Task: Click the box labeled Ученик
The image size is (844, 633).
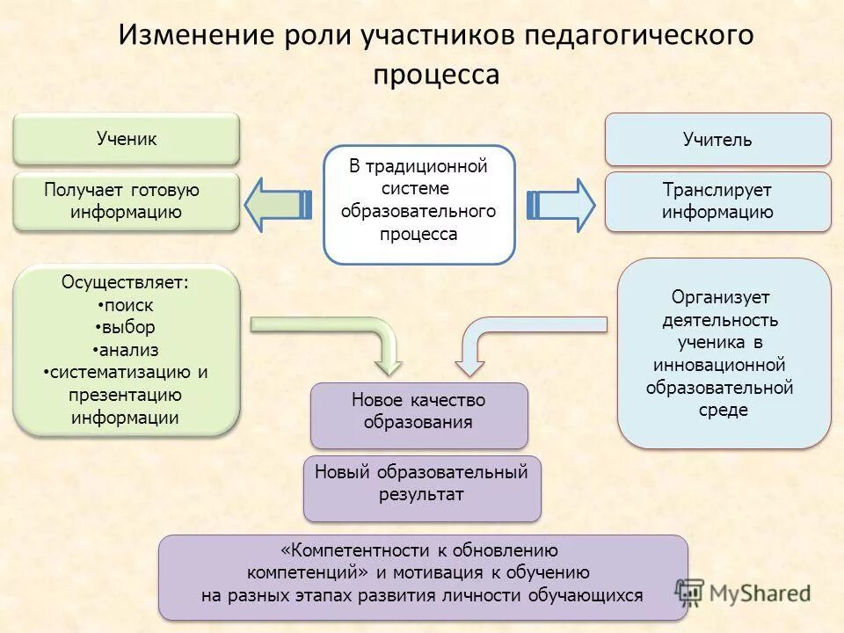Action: pyautogui.click(x=127, y=139)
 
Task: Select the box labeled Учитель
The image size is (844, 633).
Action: pyautogui.click(x=717, y=140)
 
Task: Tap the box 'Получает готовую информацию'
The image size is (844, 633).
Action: pyautogui.click(x=127, y=201)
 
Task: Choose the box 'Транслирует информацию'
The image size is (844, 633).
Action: pyautogui.click(x=717, y=201)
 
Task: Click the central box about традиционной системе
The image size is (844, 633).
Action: pyautogui.click(x=418, y=205)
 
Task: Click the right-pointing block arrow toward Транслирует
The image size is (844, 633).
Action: pyautogui.click(x=561, y=204)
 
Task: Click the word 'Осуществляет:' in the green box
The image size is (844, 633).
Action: pyautogui.click(x=125, y=282)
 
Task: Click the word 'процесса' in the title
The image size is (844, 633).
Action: pyautogui.click(x=436, y=74)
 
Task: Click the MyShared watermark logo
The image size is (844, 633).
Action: pyautogui.click(x=743, y=592)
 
